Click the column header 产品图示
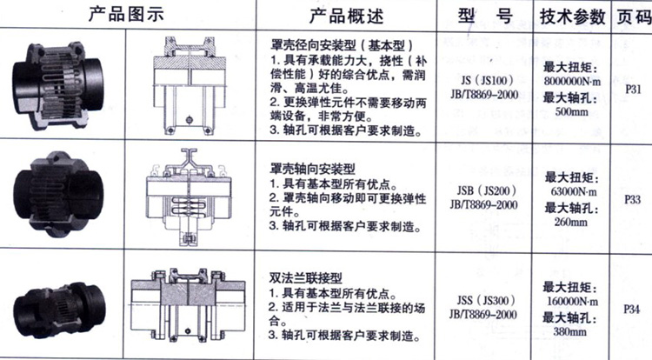point(126,14)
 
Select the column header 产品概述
point(346,16)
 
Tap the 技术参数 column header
point(573,17)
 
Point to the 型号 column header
point(485,17)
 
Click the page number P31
point(633,90)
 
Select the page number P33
point(632,199)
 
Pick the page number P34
point(631,310)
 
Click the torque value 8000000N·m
point(572,82)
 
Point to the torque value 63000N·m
point(574,192)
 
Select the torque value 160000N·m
point(572,302)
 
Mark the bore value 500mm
point(571,112)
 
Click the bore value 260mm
point(570,222)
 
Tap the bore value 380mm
point(569,331)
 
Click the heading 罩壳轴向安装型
point(312,169)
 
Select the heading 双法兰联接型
point(306,277)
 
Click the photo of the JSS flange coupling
point(59,310)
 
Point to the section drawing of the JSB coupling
point(190,197)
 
